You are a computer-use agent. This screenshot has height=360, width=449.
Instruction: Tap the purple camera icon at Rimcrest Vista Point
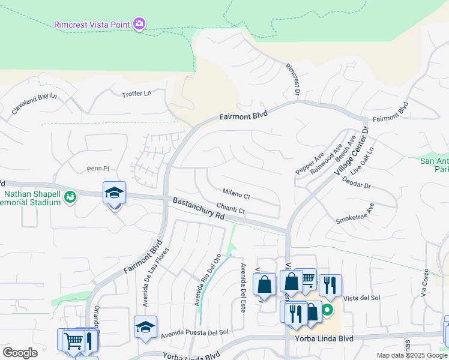click(x=139, y=24)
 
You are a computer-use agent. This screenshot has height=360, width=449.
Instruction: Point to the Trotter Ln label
click(x=137, y=94)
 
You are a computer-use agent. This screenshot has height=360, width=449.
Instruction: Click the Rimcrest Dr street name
click(x=292, y=80)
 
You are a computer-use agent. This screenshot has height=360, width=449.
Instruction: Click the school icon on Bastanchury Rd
click(x=114, y=193)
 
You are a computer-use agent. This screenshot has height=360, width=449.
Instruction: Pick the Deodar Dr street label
click(x=357, y=183)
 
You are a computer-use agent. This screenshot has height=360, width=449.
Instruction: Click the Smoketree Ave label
click(x=355, y=213)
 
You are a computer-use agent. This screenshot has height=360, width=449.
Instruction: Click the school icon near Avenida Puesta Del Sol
click(x=145, y=327)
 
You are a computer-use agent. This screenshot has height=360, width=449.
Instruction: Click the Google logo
click(x=20, y=353)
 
